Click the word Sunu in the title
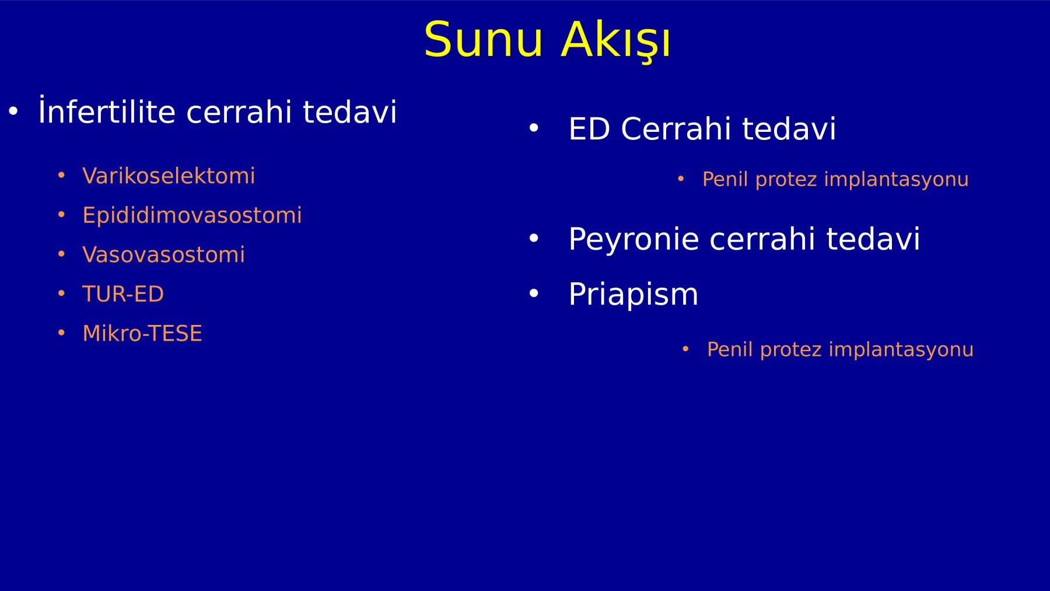pyautogui.click(x=484, y=40)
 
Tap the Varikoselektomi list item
pyautogui.click(x=169, y=176)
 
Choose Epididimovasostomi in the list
pyautogui.click(x=192, y=215)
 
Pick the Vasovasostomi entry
pyautogui.click(x=163, y=254)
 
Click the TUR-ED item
pyautogui.click(x=123, y=293)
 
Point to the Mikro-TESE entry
pyautogui.click(x=142, y=333)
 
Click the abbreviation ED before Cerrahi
pyautogui.click(x=590, y=128)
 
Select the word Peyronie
pyautogui.click(x=633, y=239)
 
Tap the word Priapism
pyautogui.click(x=633, y=294)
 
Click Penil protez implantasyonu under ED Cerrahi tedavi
pyautogui.click(x=835, y=179)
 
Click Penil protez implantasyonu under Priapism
pyautogui.click(x=840, y=349)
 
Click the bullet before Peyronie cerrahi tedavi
pyautogui.click(x=533, y=238)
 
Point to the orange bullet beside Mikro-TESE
pyautogui.click(x=61, y=333)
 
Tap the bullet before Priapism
pyautogui.click(x=533, y=293)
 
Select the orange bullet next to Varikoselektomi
pyautogui.click(x=61, y=176)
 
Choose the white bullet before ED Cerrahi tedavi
pyautogui.click(x=533, y=128)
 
